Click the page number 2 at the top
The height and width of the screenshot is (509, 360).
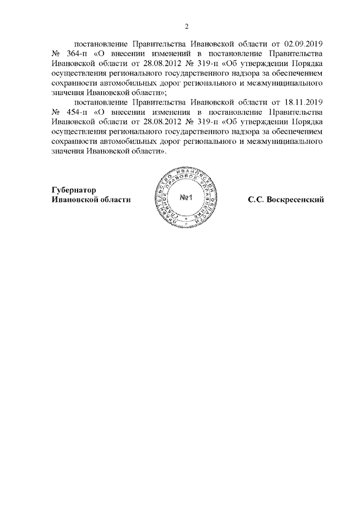(187, 25)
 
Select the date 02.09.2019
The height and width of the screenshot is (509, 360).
(304, 43)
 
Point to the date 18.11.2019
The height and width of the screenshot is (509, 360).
(304, 104)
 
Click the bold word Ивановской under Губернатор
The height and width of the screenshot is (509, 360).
(76, 200)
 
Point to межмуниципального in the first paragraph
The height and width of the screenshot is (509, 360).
(286, 83)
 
